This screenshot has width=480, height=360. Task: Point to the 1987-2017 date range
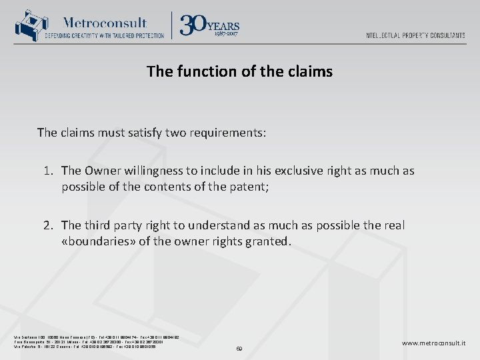tap(225, 33)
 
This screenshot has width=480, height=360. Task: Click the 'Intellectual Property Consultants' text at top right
tap(415, 35)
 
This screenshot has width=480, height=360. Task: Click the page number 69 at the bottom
tap(240, 348)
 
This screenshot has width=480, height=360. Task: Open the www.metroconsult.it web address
tap(434, 343)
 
